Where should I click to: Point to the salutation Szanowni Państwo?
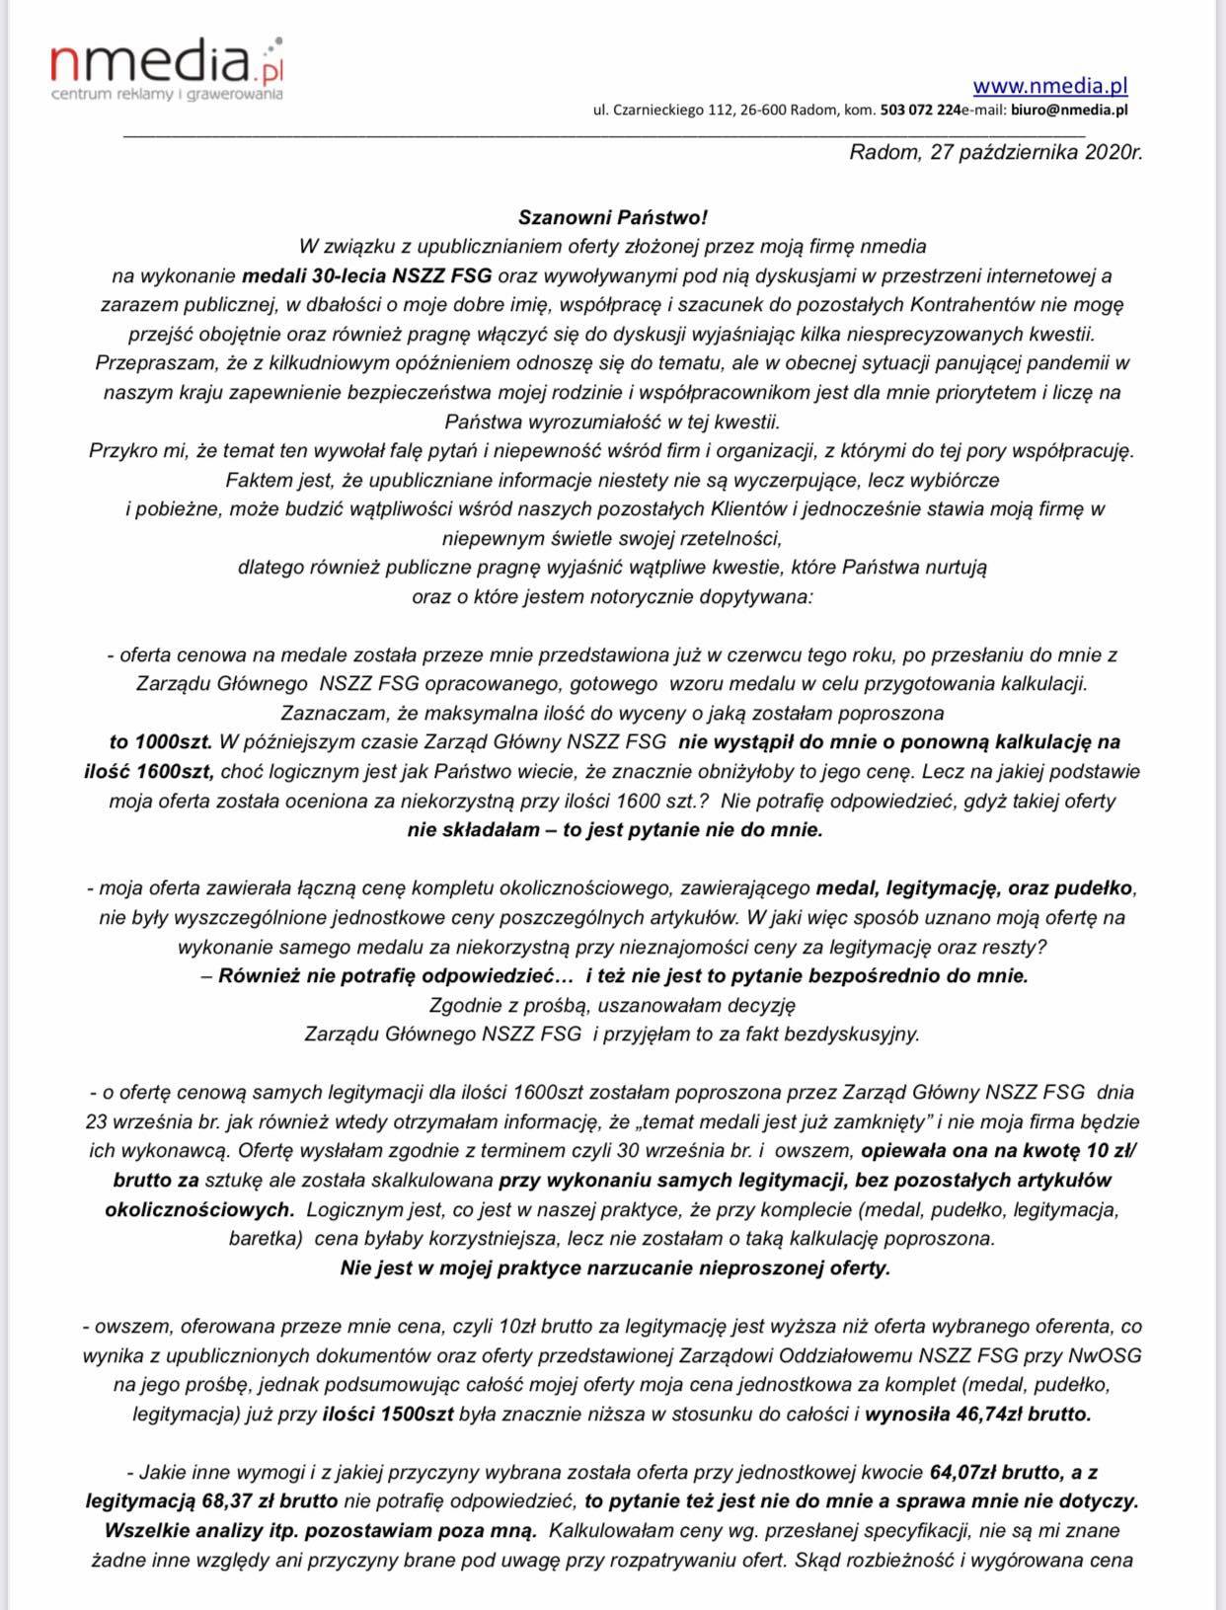point(613,216)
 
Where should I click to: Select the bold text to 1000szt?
point(163,741)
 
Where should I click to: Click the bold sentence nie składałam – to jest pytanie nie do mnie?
point(614,830)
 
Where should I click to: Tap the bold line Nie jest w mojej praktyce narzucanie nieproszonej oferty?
point(614,1267)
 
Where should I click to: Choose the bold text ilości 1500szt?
point(388,1414)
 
